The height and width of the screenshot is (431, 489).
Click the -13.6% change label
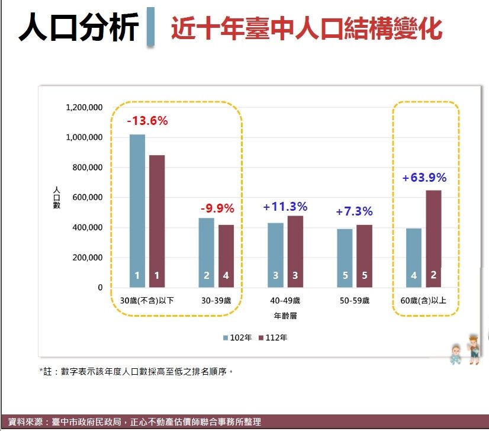point(147,121)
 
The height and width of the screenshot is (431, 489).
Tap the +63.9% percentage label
point(424,178)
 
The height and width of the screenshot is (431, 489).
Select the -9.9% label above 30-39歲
point(217,208)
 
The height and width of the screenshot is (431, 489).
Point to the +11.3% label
point(285,207)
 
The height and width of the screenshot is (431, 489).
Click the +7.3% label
point(354,211)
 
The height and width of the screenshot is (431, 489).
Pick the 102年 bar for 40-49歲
point(275,255)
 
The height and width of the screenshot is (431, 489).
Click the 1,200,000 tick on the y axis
point(85,108)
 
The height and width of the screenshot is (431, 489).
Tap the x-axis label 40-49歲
point(285,301)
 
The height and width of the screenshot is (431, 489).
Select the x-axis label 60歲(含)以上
point(423,301)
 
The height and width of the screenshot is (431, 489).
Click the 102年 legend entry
point(237,337)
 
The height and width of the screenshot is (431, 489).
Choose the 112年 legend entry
point(273,337)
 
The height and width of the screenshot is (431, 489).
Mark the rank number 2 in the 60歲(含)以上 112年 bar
point(433,275)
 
